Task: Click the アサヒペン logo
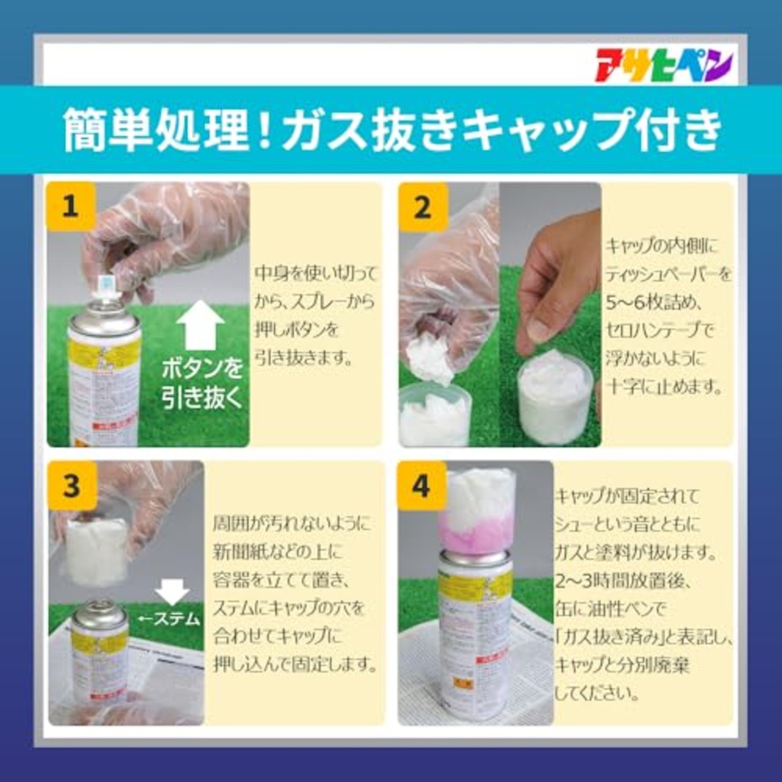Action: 663,65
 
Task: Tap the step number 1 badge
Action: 71,206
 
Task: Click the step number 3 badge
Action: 72,486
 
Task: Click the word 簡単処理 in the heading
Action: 156,130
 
